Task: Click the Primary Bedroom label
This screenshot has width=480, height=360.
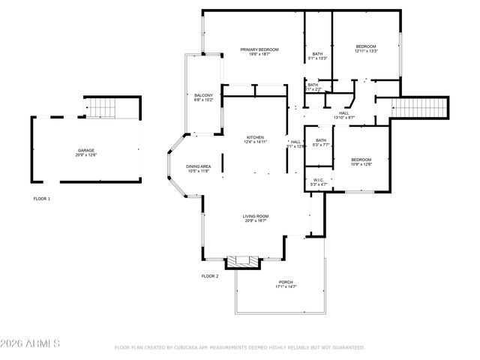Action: click(259, 50)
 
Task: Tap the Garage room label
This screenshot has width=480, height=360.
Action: click(85, 151)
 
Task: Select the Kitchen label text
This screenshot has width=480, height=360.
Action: click(256, 137)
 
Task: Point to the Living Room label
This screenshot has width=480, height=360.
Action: click(255, 217)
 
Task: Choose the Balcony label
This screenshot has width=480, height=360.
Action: click(204, 95)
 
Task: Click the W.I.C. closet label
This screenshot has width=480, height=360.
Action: click(318, 181)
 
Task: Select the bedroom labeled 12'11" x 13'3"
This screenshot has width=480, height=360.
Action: click(366, 47)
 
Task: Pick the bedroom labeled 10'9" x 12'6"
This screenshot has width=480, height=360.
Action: click(361, 160)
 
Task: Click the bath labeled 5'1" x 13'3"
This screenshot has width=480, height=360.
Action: click(317, 55)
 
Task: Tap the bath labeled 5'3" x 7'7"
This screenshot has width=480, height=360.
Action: click(321, 141)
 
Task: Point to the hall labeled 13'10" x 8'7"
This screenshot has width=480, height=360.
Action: click(343, 113)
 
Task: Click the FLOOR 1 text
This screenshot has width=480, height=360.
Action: click(42, 199)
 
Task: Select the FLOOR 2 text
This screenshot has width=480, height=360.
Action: click(210, 276)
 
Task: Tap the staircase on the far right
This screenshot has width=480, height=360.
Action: click(421, 108)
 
